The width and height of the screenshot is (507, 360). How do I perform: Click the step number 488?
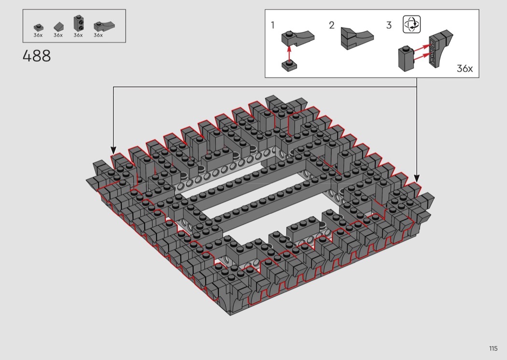click(37, 56)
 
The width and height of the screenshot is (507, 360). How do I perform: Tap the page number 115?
click(493, 348)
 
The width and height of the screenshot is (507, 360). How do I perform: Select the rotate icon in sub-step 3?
click(411, 24)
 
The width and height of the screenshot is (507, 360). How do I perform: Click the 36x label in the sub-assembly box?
click(465, 69)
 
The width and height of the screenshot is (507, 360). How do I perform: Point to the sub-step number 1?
click(273, 25)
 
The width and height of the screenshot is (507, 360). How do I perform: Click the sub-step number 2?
click(331, 25)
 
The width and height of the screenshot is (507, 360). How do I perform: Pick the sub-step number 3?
click(389, 25)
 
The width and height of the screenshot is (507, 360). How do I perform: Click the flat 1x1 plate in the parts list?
click(39, 28)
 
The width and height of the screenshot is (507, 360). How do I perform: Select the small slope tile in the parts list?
click(58, 27)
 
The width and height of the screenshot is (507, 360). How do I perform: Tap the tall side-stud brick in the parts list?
click(78, 23)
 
